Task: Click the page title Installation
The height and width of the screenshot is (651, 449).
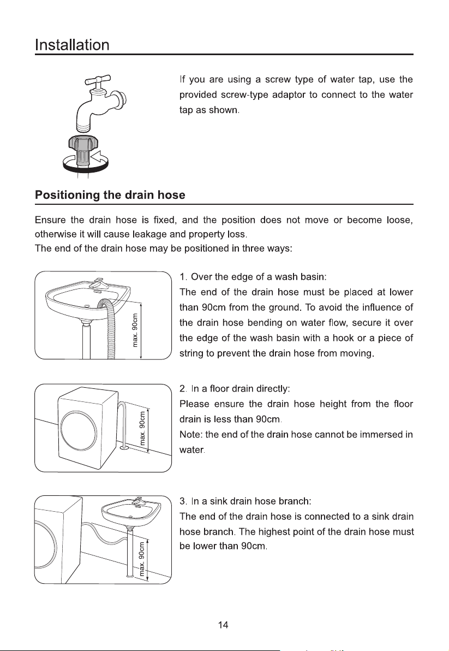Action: pos(72,45)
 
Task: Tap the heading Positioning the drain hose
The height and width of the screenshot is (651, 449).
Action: pos(110,195)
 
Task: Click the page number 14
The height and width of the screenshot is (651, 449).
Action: pos(223,625)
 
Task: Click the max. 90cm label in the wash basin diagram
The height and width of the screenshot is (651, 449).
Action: pos(134,330)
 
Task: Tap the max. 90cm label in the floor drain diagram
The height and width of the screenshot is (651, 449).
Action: pos(142,428)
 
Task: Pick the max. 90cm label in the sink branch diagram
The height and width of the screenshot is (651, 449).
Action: pos(142,559)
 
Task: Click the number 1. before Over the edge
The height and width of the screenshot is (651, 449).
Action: pos(183,277)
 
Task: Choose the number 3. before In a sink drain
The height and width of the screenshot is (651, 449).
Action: pos(183,501)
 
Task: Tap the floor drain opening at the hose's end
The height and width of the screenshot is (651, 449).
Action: pos(123,448)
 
